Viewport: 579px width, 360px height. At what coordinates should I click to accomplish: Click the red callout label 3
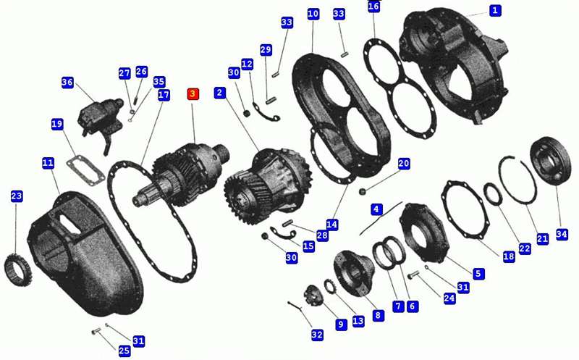pos(193,94)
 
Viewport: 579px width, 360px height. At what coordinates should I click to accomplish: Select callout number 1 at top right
pos(495,10)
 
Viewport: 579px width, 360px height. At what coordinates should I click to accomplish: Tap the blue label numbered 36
pos(67,82)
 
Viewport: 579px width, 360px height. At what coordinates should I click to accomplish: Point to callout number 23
pos(16,196)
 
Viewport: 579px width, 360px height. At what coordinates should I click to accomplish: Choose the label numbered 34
pos(562,233)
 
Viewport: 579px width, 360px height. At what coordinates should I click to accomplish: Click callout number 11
pos(48,163)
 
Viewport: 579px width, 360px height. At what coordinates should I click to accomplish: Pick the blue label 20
pos(404,164)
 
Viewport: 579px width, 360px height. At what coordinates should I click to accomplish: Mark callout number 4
pos(376,209)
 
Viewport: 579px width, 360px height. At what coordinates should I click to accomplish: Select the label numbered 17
pos(164,95)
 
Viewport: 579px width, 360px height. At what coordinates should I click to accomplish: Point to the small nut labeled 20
pos(363,191)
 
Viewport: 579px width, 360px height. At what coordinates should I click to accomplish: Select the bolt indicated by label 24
pos(413,275)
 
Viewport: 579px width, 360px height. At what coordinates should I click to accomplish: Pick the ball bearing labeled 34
pos(550,161)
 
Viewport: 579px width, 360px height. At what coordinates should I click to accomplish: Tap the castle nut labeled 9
pos(313,294)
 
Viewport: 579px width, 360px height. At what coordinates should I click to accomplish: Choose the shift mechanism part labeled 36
pos(101,122)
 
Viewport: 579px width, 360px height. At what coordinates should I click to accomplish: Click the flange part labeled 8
pos(354,273)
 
